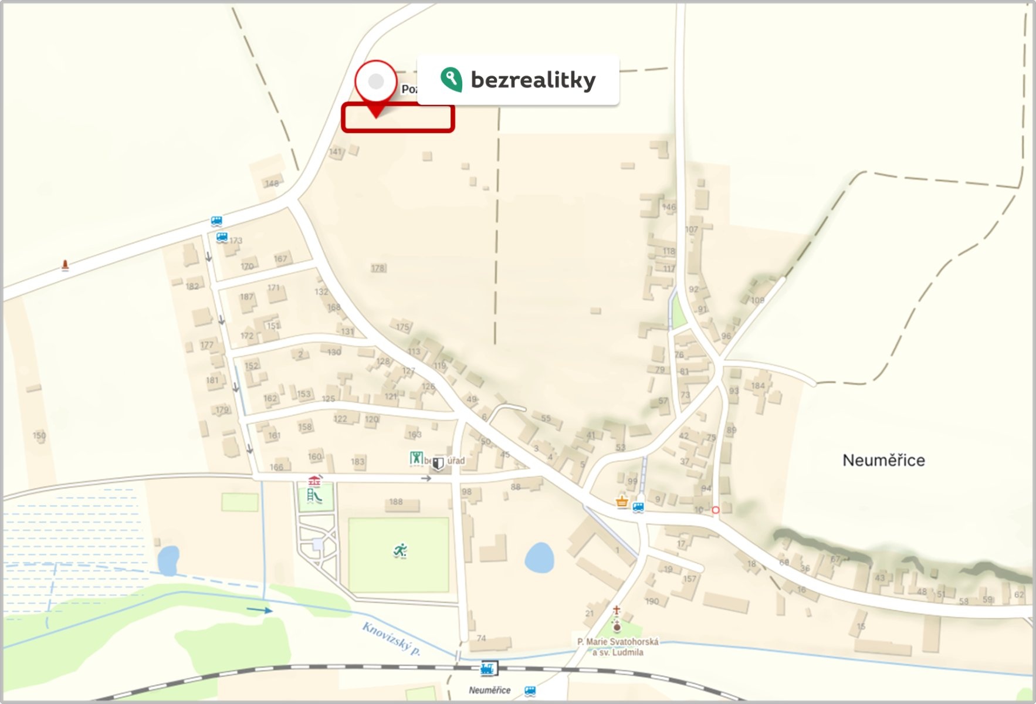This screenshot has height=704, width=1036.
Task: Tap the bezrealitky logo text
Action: pos(533,80)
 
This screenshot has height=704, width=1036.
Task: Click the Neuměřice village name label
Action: pos(883,461)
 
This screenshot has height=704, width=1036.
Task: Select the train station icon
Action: pos(488,668)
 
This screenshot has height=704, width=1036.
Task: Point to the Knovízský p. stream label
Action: pos(391,638)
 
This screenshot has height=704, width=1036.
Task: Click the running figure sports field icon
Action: pos(400,551)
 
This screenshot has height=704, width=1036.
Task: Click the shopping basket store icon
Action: pos(622,502)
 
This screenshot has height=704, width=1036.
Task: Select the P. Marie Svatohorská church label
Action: pos(618,647)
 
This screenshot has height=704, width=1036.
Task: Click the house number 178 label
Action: pos(378,268)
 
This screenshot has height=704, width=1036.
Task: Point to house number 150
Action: pos(39,435)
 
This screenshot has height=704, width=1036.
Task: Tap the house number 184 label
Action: pos(758,385)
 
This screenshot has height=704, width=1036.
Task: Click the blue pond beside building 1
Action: pos(539,557)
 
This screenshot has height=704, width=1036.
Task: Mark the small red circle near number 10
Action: pos(715,510)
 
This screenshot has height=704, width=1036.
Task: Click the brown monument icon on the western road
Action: pos(65,265)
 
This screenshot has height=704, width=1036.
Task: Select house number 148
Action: pos(272,184)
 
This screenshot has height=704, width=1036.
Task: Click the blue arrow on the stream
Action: pos(259,611)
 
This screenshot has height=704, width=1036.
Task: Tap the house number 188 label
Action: pos(396,502)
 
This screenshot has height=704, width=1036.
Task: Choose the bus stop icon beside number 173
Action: pos(222,237)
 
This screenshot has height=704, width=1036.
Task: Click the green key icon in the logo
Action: pos(451,80)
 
